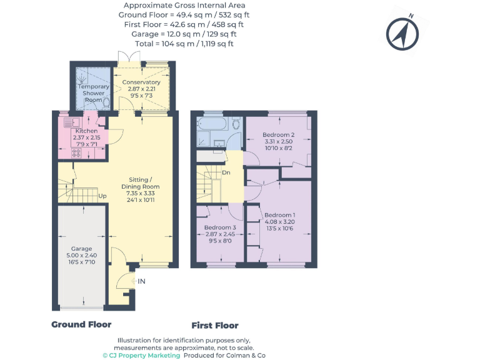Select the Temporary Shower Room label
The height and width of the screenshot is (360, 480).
click(x=93, y=93)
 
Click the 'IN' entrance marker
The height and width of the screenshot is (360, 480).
click(x=141, y=281)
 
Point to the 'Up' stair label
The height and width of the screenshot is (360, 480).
click(x=102, y=196)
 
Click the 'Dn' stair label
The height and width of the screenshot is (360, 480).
click(x=226, y=172)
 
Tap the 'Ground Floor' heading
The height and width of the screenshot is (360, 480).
click(x=81, y=324)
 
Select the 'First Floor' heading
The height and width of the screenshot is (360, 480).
click(x=214, y=326)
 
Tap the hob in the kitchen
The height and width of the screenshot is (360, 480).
click(x=67, y=151)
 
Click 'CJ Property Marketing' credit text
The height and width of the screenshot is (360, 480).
click(x=141, y=355)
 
